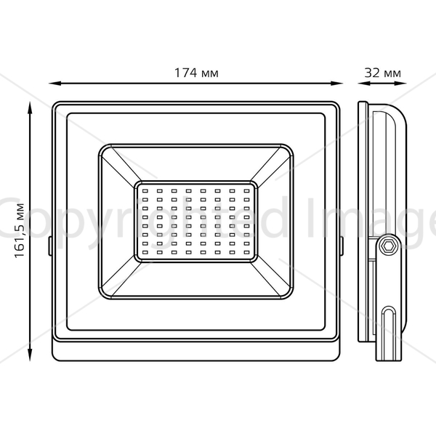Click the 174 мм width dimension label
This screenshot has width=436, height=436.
pyautogui.click(x=196, y=73)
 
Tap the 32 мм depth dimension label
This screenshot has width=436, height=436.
pyautogui.click(x=383, y=73)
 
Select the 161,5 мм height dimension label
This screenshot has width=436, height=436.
pyautogui.click(x=20, y=231)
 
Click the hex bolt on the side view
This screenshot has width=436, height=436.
pyautogui.click(x=388, y=246)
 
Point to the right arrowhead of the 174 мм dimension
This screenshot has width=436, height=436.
pyautogui.click(x=336, y=83)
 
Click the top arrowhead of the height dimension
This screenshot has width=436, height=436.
pyautogui.click(x=30, y=108)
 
